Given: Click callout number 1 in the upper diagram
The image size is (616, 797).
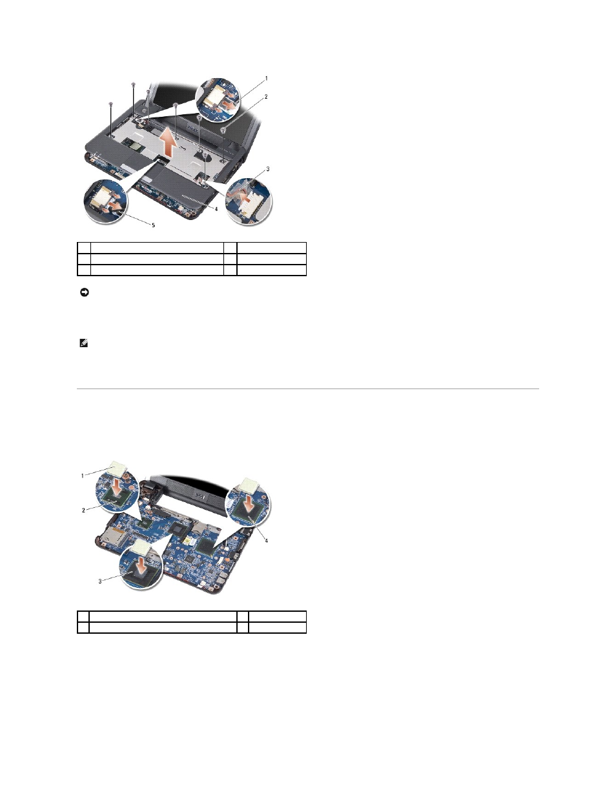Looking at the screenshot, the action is pos(267,78).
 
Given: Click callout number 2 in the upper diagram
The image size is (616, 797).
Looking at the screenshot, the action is pos(266,97).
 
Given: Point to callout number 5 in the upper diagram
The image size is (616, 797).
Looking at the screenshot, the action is pos(154,225).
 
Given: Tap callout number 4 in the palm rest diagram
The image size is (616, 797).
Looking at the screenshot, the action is pos(216,209).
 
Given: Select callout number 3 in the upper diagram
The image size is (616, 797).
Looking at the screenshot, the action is pos(268,168).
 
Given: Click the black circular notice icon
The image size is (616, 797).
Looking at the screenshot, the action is pos(85,292).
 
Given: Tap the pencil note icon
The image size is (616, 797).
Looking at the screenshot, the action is pos(84,343).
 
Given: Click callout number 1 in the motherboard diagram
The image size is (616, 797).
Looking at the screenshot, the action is pos(82,476).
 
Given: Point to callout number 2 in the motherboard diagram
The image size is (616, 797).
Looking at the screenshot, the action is pos(84,510).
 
